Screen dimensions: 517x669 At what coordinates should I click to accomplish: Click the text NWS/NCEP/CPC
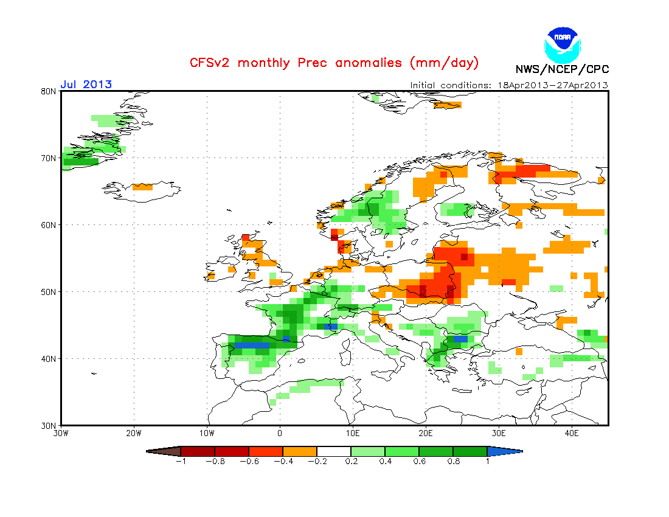[562, 69]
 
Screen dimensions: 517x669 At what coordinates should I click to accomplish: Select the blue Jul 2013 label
[86, 85]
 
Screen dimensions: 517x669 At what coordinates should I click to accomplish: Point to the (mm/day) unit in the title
[445, 63]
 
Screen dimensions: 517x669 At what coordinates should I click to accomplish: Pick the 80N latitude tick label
[49, 91]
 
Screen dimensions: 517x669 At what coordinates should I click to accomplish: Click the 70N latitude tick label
[49, 158]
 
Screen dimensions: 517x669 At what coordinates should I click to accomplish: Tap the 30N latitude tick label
[49, 425]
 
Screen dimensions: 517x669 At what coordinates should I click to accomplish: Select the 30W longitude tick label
[61, 433]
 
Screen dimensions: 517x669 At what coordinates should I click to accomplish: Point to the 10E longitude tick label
[353, 433]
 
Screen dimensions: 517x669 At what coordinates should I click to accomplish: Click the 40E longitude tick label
[572, 433]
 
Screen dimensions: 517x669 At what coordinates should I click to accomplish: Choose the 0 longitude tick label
[280, 433]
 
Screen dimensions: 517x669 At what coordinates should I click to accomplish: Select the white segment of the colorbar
[334, 451]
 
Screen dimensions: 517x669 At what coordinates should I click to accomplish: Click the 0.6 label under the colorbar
[418, 461]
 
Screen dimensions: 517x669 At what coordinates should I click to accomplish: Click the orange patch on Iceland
[143, 187]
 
